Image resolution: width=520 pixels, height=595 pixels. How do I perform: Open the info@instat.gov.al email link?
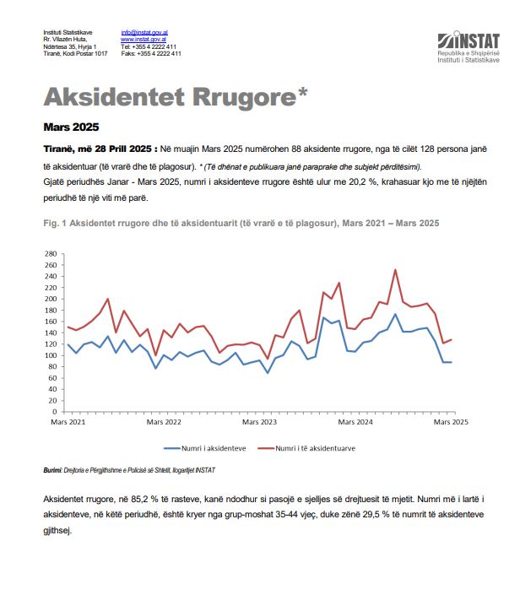tap(144, 33)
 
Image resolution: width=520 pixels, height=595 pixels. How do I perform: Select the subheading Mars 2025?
tap(71, 127)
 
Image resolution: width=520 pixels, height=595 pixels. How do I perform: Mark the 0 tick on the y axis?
tap(53, 411)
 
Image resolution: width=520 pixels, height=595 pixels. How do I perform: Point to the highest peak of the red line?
tap(396, 270)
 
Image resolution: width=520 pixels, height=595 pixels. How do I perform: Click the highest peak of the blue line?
tap(396, 314)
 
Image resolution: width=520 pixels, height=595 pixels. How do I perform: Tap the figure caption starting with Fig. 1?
tap(241, 223)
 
